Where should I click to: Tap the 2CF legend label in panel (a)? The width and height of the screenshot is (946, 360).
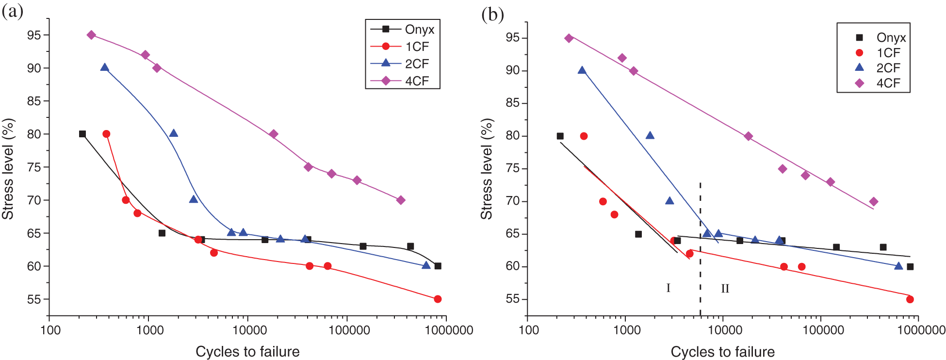point(417,64)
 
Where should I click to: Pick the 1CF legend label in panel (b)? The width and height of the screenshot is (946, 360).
point(888,53)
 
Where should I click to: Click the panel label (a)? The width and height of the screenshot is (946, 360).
point(13,12)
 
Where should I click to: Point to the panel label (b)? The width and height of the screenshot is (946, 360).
point(492,15)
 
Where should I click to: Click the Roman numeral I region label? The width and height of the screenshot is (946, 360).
point(668,288)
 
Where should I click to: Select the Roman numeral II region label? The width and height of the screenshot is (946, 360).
point(725,289)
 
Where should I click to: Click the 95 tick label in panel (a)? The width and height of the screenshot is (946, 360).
point(34,35)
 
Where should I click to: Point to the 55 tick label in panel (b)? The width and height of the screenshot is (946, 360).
point(512,299)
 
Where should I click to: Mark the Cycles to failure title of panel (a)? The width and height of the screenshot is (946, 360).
point(247,352)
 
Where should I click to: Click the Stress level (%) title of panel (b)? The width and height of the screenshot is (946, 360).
point(486,169)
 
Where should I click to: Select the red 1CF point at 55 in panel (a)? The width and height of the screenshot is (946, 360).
point(438,299)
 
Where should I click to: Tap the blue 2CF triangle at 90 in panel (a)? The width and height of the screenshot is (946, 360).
point(104,67)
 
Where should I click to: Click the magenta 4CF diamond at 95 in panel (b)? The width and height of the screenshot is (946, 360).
point(569,38)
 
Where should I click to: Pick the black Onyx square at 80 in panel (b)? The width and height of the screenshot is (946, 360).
point(560,136)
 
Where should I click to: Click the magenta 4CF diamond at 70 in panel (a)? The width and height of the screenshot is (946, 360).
point(401,200)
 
